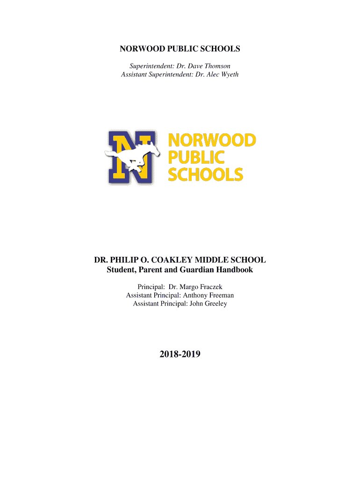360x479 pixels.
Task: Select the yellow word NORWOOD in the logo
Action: (212, 140)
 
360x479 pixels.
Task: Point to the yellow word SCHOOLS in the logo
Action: (206, 174)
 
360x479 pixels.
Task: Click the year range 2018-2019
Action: (180, 355)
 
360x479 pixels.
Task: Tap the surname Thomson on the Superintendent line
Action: (216, 66)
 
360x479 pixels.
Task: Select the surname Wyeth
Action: (229, 74)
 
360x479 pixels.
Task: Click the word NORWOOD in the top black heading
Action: (140, 49)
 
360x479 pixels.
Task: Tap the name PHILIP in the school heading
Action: (121, 260)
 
